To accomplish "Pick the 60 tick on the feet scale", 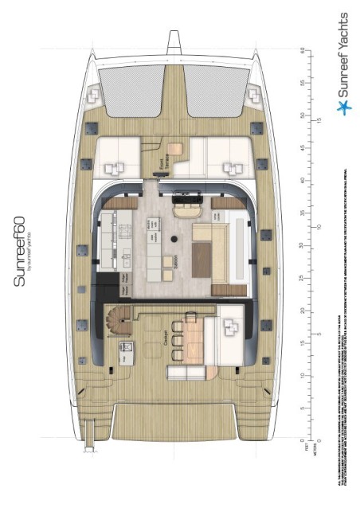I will pyautogui.click(x=302, y=50).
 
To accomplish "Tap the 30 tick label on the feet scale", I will pyautogui.click(x=302, y=245).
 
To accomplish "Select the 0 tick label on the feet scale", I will pyautogui.click(x=302, y=440).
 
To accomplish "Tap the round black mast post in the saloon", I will pyautogui.click(x=174, y=239).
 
